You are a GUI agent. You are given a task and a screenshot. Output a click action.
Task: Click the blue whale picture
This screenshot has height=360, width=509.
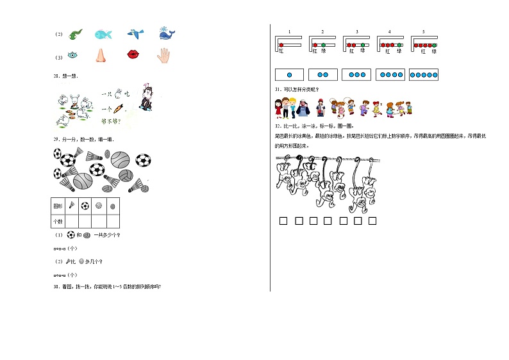point(167,33)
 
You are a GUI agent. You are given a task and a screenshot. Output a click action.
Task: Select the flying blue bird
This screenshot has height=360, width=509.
point(134,33)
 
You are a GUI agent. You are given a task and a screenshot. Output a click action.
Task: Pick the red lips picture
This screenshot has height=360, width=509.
point(134,56)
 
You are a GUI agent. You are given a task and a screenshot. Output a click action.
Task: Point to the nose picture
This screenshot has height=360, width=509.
point(101,56)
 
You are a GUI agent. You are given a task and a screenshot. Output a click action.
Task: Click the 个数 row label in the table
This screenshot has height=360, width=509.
point(57,221)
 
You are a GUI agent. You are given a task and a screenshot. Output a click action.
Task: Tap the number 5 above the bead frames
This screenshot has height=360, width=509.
point(423,31)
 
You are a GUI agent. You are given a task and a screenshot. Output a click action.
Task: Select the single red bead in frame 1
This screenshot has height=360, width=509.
point(281,45)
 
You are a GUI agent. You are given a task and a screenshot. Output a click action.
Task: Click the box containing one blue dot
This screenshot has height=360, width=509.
point(289,75)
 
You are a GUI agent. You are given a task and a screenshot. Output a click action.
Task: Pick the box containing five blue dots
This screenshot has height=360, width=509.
point(423,75)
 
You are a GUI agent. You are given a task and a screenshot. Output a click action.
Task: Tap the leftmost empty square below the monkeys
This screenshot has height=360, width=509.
point(282,222)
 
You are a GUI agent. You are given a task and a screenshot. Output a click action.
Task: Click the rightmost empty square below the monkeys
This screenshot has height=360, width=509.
point(372,222)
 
